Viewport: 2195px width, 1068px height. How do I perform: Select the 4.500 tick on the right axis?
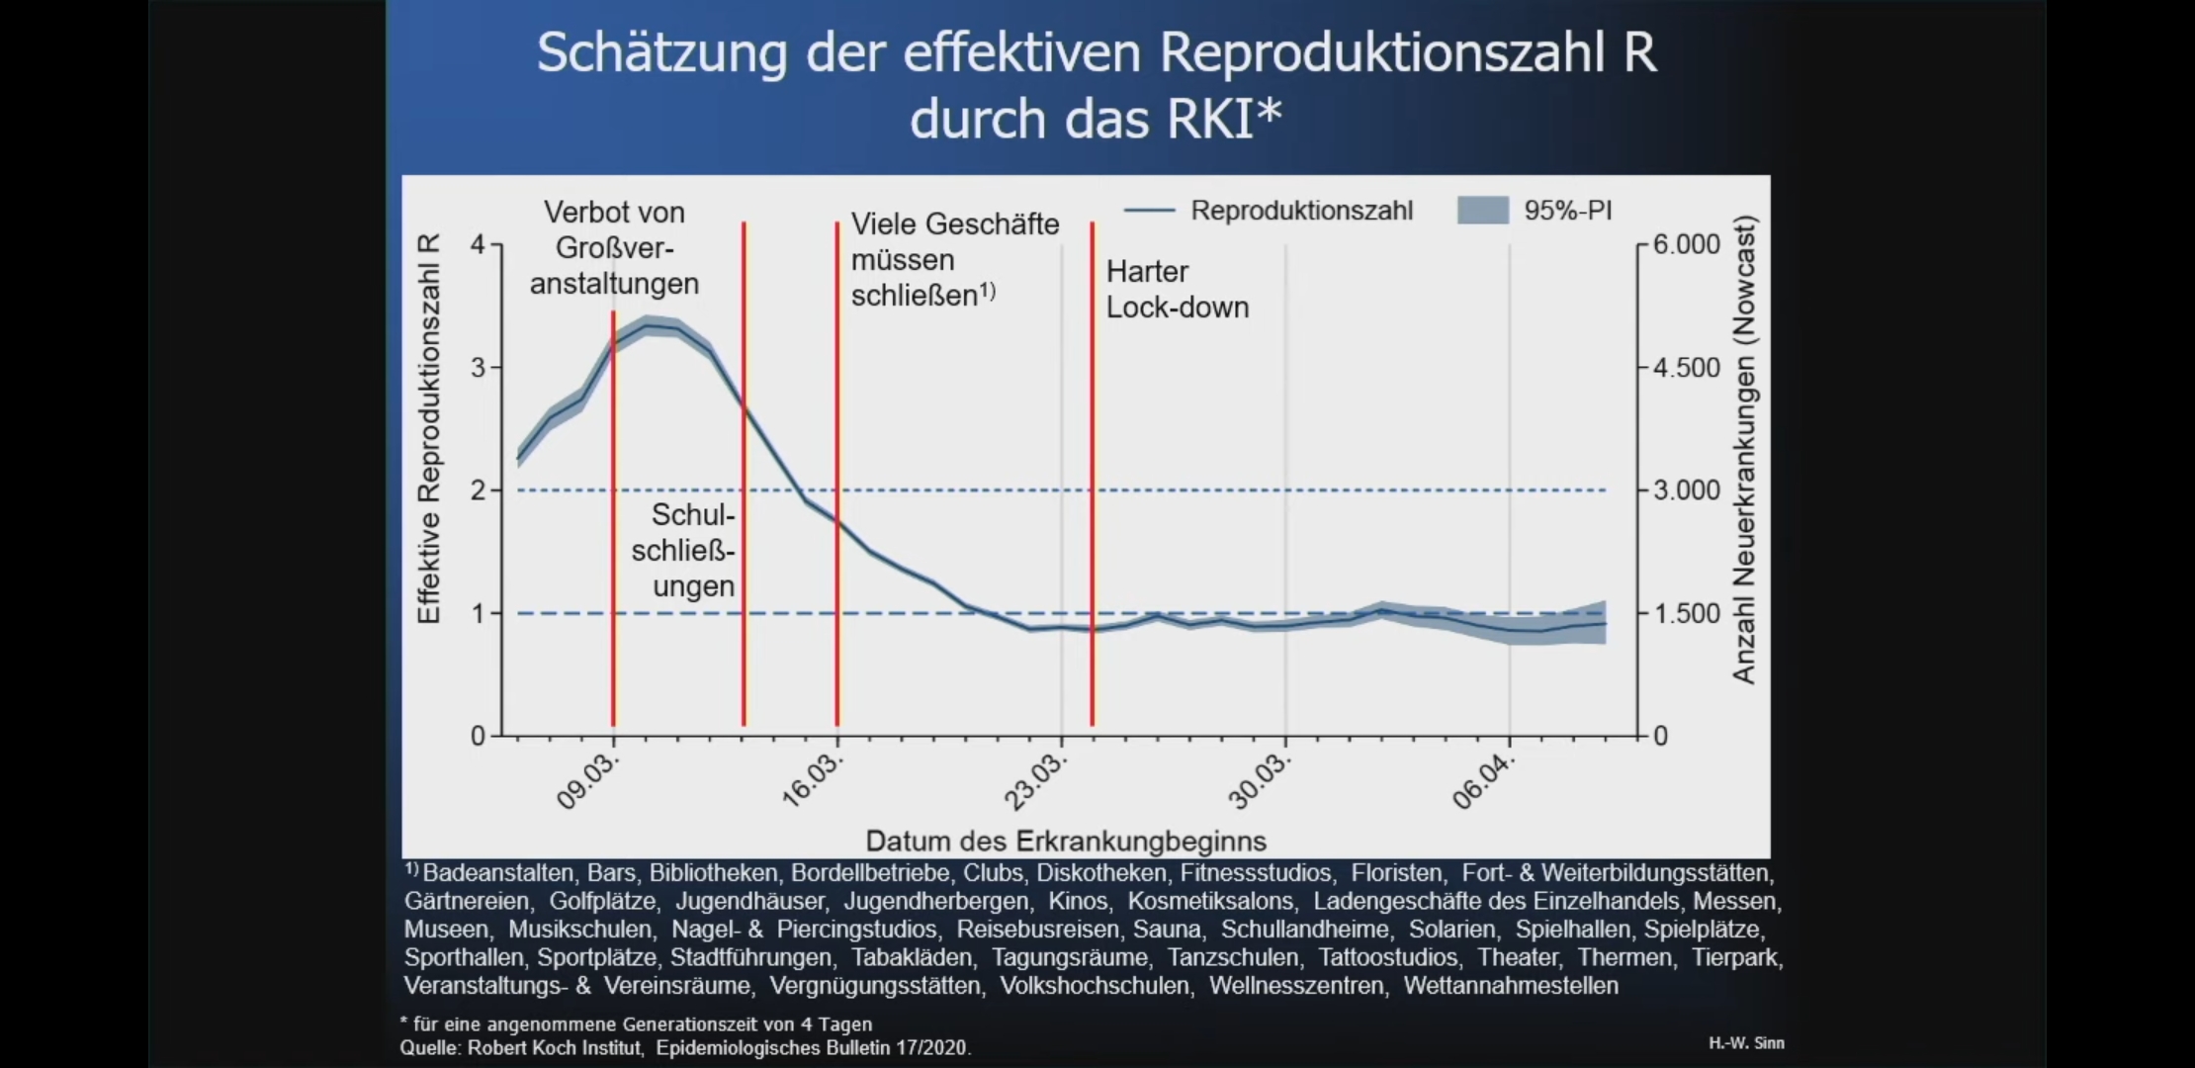click(1687, 368)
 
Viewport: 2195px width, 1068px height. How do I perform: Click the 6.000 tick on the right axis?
click(1687, 244)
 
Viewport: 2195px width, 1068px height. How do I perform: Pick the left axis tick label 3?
click(479, 368)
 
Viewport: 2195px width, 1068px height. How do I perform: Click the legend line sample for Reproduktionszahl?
click(1149, 211)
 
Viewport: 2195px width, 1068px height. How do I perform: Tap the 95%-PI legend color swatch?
click(1482, 210)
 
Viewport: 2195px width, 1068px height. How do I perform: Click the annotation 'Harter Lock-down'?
click(1177, 289)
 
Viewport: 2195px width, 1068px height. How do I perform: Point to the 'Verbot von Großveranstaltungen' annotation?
click(614, 248)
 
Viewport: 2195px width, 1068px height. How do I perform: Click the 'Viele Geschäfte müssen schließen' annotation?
click(954, 260)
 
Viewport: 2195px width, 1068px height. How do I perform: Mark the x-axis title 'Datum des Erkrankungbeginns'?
click(1066, 842)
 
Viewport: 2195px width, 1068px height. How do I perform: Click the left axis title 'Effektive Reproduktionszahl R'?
click(429, 429)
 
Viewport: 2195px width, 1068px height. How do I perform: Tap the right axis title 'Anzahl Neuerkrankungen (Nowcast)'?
click(1743, 450)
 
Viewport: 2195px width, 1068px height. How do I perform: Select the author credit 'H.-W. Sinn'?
click(1746, 1043)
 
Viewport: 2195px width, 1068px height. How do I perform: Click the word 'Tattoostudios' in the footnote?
click(1388, 957)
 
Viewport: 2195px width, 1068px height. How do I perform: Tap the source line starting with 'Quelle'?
click(685, 1048)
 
